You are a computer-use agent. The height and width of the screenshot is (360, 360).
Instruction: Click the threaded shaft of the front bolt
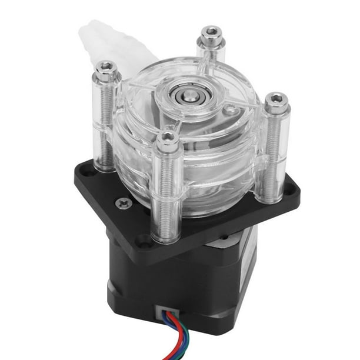(168, 188)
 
